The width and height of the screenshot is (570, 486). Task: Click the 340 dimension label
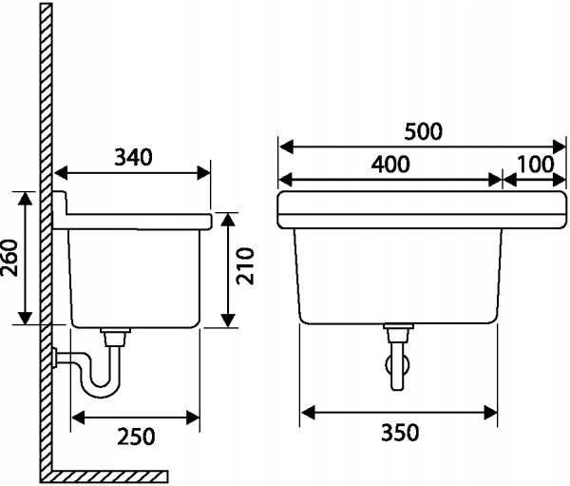tap(133, 157)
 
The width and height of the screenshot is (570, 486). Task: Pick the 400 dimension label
tap(389, 164)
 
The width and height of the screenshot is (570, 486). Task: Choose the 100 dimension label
tap(536, 164)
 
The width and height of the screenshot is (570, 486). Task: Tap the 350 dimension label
tap(399, 433)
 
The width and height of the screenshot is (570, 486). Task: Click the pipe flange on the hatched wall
tap(59, 359)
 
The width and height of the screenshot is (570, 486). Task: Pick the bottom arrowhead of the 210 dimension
tap(226, 321)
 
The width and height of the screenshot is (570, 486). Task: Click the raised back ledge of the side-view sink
tap(62, 203)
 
